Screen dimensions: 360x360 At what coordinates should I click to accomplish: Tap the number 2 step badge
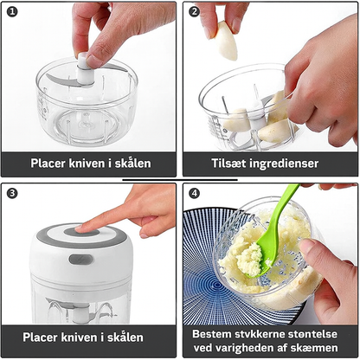coord(195,12)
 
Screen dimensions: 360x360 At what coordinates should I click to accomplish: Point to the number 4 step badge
coord(195,194)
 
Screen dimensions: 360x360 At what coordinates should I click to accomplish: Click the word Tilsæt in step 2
coord(231,163)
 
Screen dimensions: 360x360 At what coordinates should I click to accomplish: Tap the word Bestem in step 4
coord(213,332)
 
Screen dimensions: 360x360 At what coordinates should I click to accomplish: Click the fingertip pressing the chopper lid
coord(80,228)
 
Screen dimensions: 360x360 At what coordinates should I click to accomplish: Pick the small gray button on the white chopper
coord(80,259)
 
